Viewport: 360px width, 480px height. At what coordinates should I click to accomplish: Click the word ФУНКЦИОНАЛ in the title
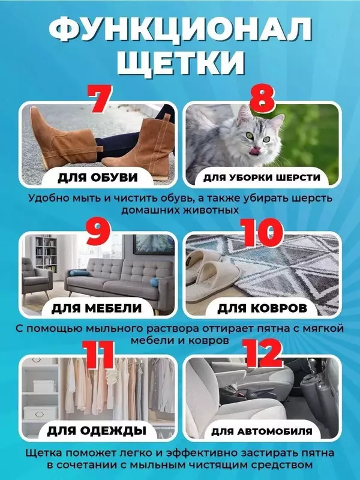click(x=180, y=29)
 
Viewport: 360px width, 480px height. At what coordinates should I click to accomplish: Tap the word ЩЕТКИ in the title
click(x=180, y=62)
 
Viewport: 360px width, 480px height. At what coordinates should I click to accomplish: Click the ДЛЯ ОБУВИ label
click(x=98, y=178)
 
